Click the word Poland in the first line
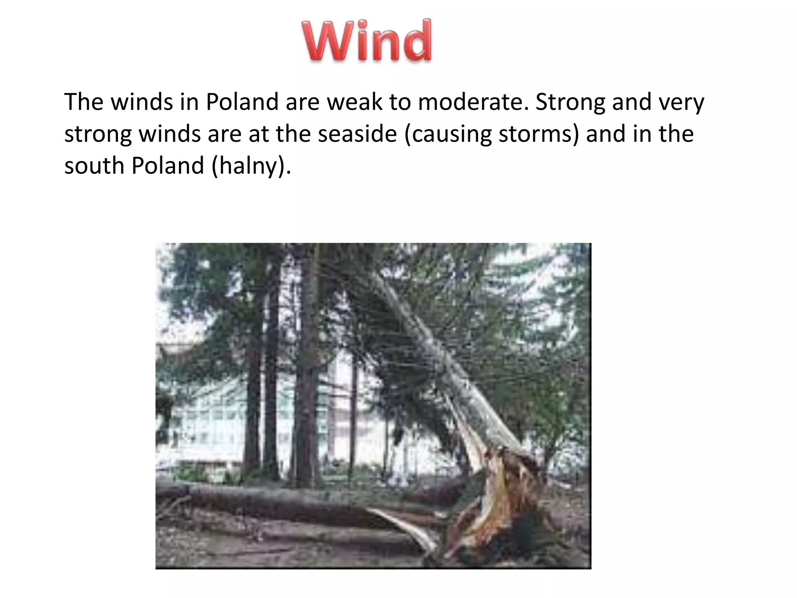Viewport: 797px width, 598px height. coord(242,102)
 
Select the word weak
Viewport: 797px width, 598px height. coord(354,102)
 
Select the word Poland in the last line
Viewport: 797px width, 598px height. coord(168,166)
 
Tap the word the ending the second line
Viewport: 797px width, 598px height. coord(676,134)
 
